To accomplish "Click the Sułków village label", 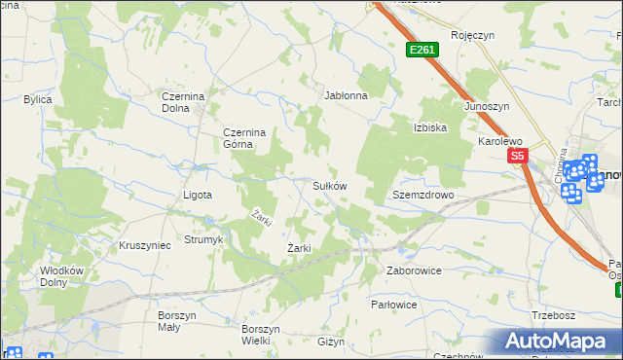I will [330, 185].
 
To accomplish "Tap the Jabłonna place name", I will [346, 96].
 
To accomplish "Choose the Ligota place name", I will [198, 195].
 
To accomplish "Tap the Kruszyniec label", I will [144, 245].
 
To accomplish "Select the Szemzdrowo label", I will [423, 195].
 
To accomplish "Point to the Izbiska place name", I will [429, 127].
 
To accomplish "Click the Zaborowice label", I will [414, 270].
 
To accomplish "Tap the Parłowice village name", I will [394, 305].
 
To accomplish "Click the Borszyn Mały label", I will [177, 321].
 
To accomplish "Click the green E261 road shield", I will [421, 49].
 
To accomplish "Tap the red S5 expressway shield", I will [516, 156].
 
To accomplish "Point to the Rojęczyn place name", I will [473, 34].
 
